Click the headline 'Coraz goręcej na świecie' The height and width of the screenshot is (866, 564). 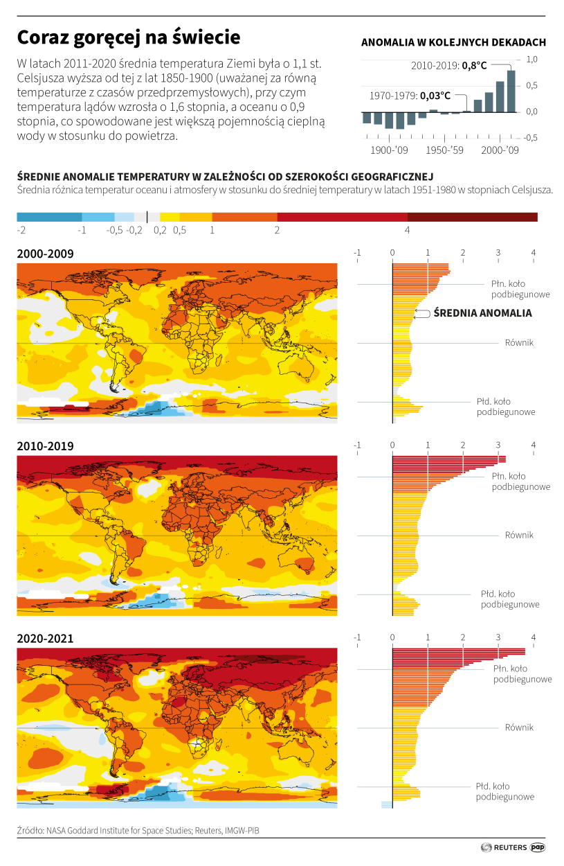[x=129, y=37]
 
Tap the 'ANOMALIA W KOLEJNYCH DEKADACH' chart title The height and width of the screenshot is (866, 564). [x=453, y=42]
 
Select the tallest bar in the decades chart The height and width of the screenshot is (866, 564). [x=511, y=91]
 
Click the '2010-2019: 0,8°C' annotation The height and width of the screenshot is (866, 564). [x=448, y=65]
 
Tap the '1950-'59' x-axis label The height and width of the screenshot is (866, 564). [x=445, y=150]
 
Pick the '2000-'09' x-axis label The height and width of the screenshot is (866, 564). [x=500, y=150]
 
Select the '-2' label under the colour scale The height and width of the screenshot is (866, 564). [x=21, y=230]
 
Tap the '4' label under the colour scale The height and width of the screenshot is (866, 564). [x=407, y=230]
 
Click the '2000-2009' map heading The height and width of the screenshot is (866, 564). [x=45, y=254]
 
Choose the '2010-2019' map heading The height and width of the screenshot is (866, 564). [x=45, y=446]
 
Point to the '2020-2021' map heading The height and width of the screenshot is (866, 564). [x=45, y=638]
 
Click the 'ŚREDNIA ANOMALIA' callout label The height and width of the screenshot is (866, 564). [x=482, y=313]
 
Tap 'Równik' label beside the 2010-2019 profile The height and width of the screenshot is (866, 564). [x=519, y=535]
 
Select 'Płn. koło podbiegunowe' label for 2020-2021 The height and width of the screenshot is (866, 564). [x=522, y=674]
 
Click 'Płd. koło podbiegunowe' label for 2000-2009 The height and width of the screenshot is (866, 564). [x=506, y=407]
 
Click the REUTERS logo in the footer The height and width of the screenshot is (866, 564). [x=503, y=847]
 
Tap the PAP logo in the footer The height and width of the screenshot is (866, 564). [x=538, y=847]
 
